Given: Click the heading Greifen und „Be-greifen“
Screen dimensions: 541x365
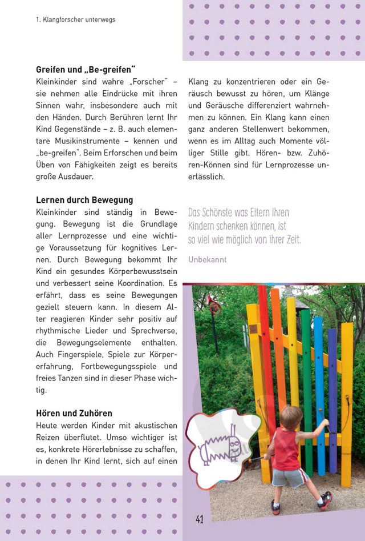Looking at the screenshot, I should click(85, 70).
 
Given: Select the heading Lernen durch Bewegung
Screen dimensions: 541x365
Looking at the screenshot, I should click(84, 200).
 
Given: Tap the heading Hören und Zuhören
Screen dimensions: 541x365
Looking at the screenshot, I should click(74, 413).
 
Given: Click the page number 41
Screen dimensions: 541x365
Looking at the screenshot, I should click(199, 519).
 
